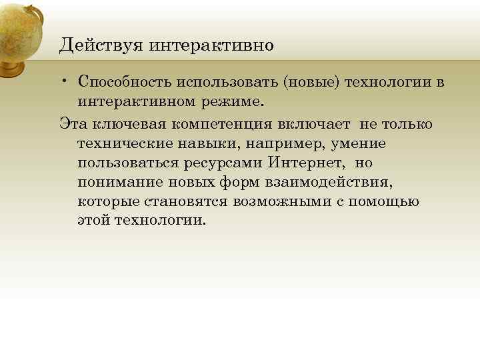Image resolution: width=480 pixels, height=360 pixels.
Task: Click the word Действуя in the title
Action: (x=101, y=45)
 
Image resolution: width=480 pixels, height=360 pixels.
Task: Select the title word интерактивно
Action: (x=211, y=45)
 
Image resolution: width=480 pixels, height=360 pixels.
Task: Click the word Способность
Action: (x=125, y=82)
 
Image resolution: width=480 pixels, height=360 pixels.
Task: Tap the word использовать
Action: (x=228, y=82)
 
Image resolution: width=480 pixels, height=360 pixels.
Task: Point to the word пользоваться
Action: (x=124, y=163)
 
